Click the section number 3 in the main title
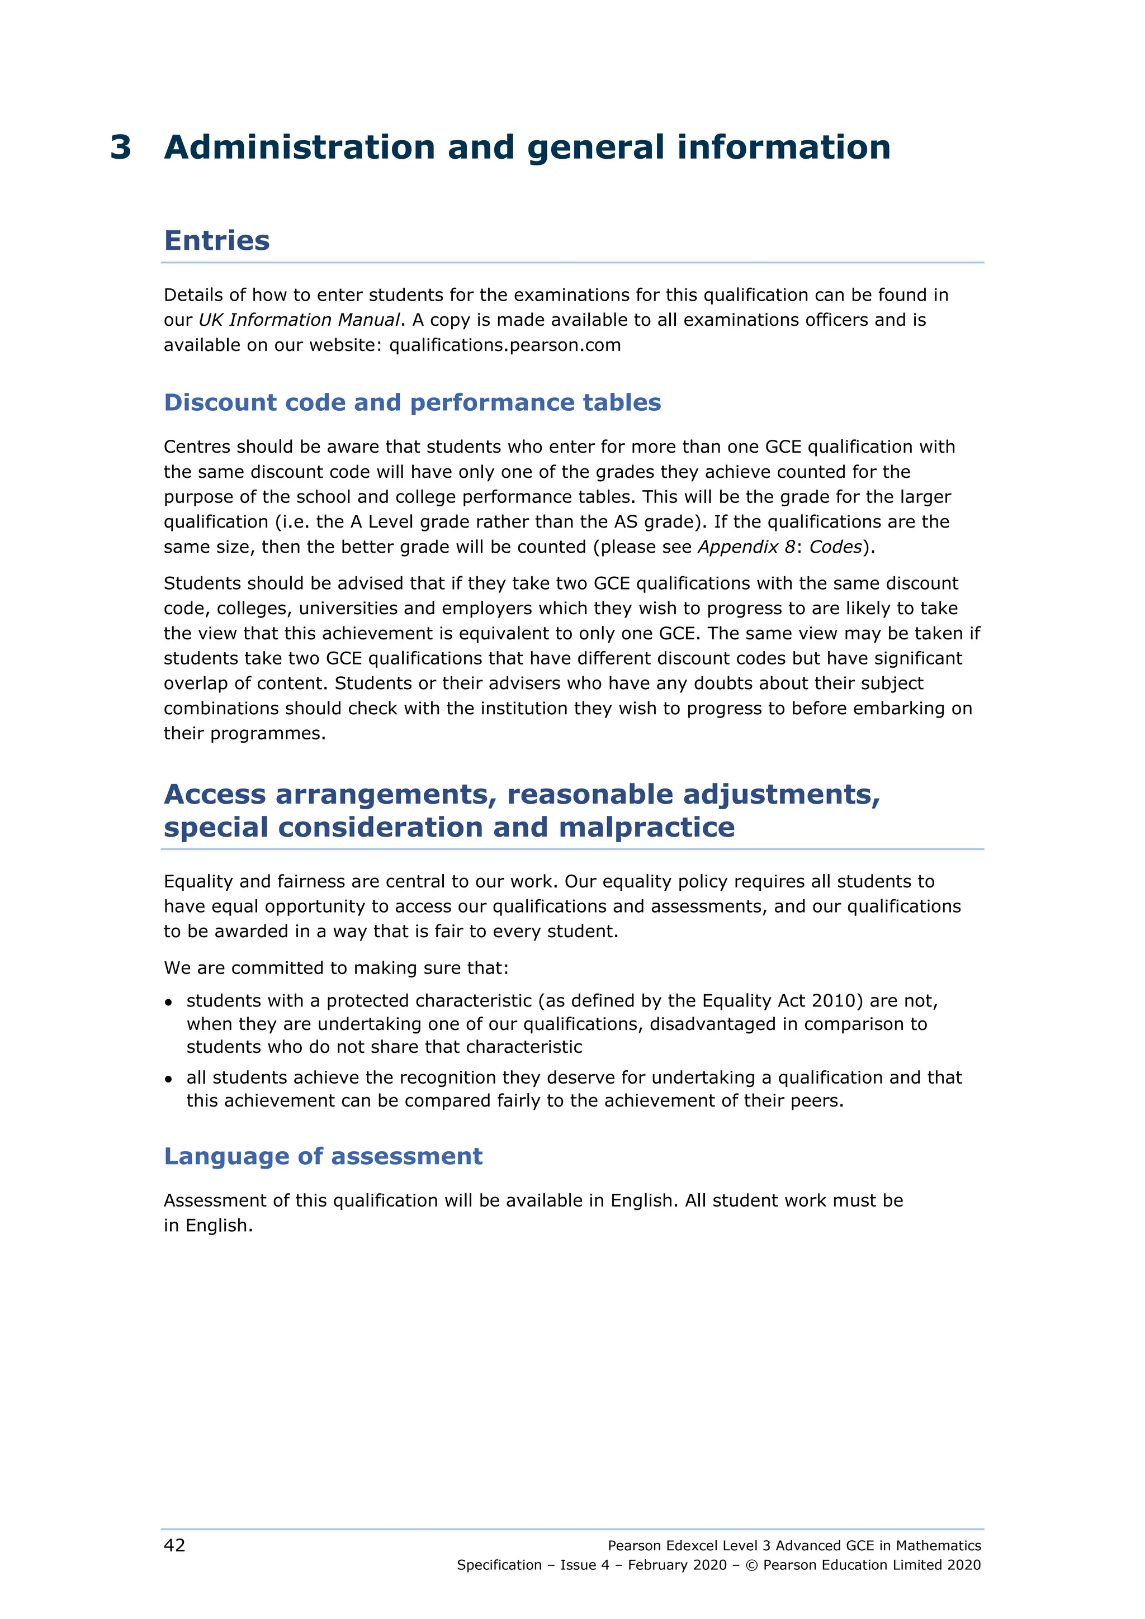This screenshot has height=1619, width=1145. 121,148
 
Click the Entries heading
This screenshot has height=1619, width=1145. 216,240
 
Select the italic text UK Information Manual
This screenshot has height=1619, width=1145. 299,320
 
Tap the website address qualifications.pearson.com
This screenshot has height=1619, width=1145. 505,345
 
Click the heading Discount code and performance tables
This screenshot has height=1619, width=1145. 412,402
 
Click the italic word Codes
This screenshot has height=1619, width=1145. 835,547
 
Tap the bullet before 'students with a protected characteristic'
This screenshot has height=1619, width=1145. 169,1002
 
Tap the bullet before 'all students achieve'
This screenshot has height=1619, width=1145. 169,1079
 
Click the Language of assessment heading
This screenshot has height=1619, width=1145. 323,1156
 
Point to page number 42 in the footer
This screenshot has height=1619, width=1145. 174,1546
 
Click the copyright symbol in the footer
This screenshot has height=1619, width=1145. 751,1565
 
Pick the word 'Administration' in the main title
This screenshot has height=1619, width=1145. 299,148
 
